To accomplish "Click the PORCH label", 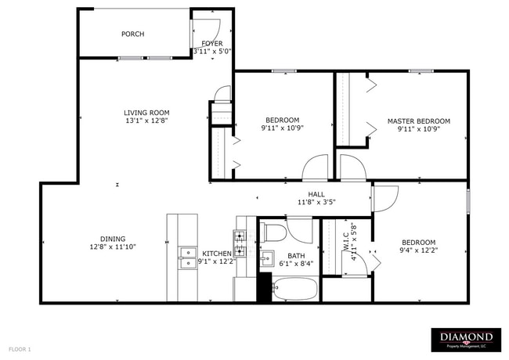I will click(x=132, y=34).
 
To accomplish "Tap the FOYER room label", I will click(x=212, y=44).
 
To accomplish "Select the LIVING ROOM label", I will click(x=146, y=113).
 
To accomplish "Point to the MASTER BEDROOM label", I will click(x=419, y=121).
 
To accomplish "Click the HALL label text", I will click(x=316, y=194).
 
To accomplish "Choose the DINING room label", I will click(x=113, y=239).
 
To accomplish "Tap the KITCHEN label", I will click(x=216, y=254).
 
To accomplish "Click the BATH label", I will click(x=296, y=255).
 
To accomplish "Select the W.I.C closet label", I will click(x=345, y=239).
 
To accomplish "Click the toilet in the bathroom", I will click(x=275, y=232).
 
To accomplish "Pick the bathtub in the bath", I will click(x=294, y=290).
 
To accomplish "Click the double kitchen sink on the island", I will click(x=187, y=258).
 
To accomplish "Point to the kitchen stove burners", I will click(x=240, y=236).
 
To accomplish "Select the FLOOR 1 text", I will click(x=20, y=347).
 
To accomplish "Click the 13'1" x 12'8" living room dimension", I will click(x=146, y=121).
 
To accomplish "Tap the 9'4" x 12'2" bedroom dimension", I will click(x=419, y=251).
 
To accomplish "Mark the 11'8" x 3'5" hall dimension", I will click(x=316, y=202).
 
